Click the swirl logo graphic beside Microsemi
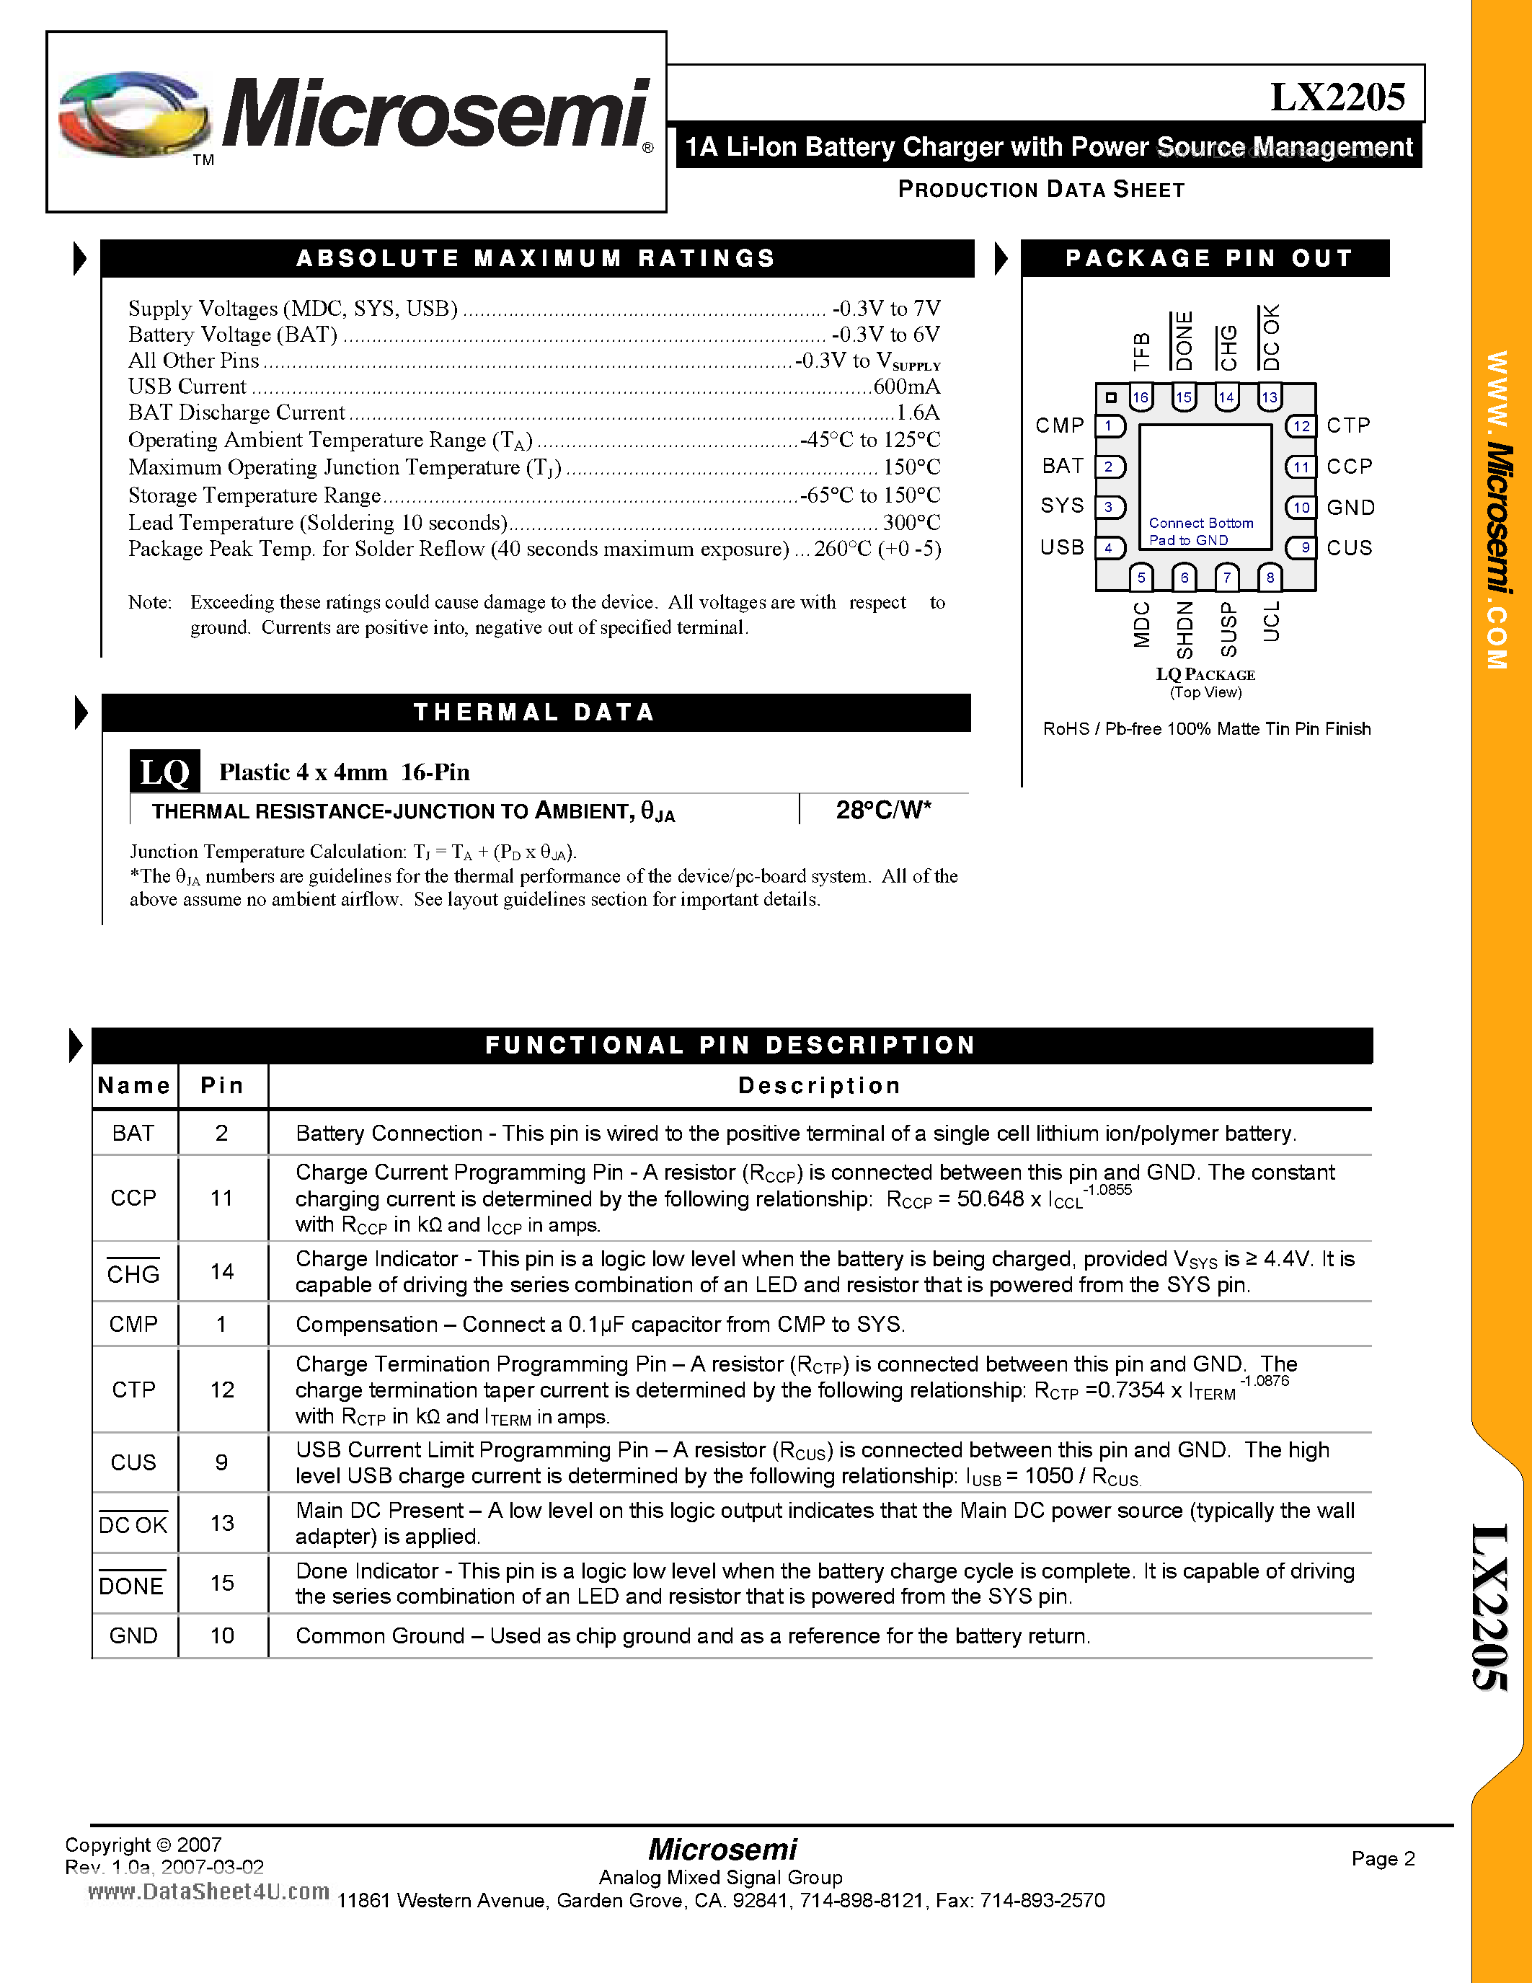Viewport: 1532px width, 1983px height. tap(133, 115)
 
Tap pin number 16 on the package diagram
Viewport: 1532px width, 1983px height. tap(1140, 397)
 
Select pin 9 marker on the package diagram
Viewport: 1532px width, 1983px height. tap(1303, 547)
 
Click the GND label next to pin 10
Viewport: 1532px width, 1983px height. tap(1350, 508)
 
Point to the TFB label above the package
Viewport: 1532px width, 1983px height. tap(1141, 351)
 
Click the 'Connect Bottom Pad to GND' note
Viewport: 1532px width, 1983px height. tap(1201, 531)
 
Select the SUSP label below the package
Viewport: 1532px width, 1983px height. tap(1228, 628)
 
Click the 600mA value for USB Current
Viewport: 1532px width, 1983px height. tap(906, 387)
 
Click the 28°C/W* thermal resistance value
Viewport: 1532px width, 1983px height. tap(883, 810)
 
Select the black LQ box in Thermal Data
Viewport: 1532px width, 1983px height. tap(164, 772)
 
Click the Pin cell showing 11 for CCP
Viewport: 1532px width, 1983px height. tap(222, 1198)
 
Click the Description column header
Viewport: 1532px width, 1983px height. tap(819, 1086)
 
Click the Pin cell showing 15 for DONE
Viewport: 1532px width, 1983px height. tap(222, 1584)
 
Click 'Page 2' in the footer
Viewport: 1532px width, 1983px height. tap(1382, 1858)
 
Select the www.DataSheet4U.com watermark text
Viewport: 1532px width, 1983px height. tap(209, 1892)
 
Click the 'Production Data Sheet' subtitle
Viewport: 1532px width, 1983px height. tap(1041, 190)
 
